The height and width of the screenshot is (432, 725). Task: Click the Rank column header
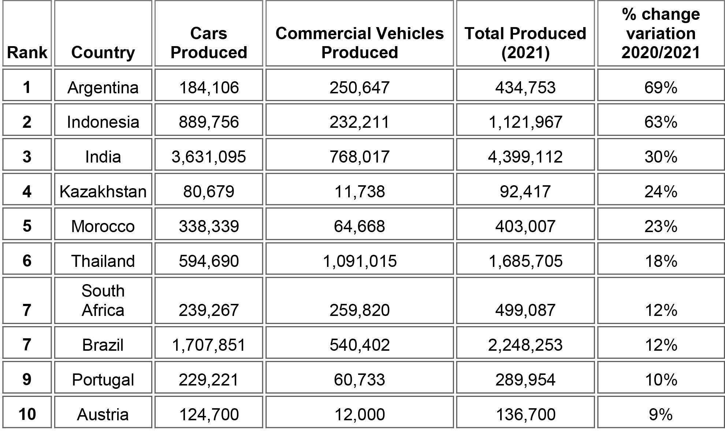click(27, 52)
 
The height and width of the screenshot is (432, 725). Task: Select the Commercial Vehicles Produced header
click(359, 43)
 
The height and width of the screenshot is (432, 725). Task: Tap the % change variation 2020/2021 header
click(661, 33)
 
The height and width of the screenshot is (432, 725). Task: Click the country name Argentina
click(103, 87)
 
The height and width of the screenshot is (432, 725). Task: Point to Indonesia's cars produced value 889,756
click(209, 122)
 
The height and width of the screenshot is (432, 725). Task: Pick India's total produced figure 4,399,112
click(525, 157)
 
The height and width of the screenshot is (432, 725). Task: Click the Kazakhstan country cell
click(103, 191)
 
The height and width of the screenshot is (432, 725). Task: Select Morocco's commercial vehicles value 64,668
click(359, 226)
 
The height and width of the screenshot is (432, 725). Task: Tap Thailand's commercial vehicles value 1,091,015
click(359, 261)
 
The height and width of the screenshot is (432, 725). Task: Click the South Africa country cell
click(103, 301)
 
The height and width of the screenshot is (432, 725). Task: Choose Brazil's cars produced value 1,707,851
click(209, 345)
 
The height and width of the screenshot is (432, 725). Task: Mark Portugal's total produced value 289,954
click(525, 380)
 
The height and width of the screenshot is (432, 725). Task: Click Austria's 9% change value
click(661, 414)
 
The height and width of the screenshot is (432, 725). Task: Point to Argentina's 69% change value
click(661, 87)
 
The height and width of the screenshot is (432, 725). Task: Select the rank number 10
click(27, 414)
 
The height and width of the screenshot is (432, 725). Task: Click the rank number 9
click(27, 379)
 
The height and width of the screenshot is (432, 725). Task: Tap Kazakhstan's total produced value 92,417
click(525, 191)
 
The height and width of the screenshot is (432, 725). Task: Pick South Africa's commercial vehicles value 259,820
click(359, 310)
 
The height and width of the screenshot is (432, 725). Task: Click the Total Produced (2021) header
click(525, 43)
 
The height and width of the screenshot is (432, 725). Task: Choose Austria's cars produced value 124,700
click(209, 414)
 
